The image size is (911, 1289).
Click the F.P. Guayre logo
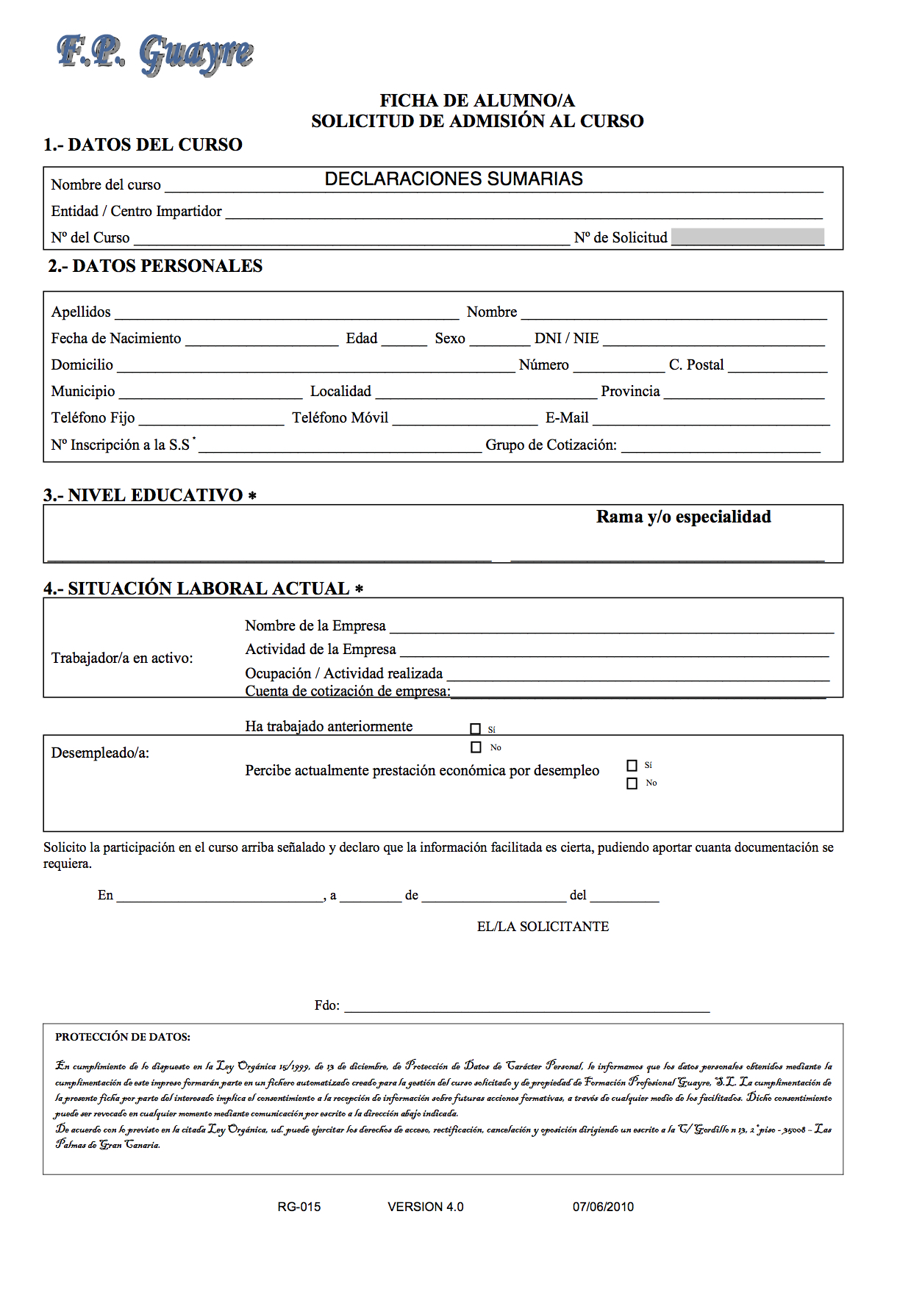155,54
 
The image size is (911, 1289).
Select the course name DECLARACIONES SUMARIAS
454,179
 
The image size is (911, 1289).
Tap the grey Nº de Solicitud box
748,237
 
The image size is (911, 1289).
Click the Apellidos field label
81,312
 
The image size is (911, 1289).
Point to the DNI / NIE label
566,339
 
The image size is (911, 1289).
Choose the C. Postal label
696,365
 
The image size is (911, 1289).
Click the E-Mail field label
567,418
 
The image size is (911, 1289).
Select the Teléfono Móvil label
340,418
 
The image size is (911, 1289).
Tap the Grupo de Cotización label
551,445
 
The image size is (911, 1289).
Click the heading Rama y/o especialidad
683,517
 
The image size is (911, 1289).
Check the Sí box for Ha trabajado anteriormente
476,729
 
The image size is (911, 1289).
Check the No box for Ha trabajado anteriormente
476,747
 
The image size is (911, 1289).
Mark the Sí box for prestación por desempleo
632,766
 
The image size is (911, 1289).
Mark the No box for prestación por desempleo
632,784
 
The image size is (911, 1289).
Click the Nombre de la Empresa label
315,626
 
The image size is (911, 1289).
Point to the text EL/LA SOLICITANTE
543,927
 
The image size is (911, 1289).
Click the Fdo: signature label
327,1005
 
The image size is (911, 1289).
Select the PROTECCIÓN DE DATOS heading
123,1037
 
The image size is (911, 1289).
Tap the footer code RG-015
299,1207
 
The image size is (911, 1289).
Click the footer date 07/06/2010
603,1207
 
